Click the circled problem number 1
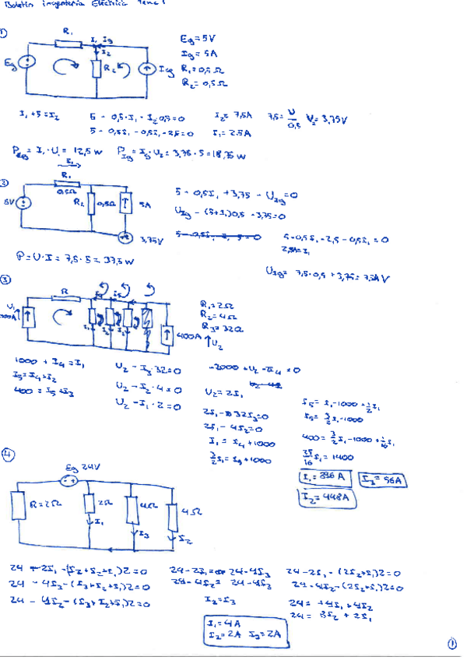click(5, 33)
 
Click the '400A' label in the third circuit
click(188, 337)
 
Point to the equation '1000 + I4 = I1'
click(37, 361)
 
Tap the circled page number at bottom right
click(453, 643)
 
